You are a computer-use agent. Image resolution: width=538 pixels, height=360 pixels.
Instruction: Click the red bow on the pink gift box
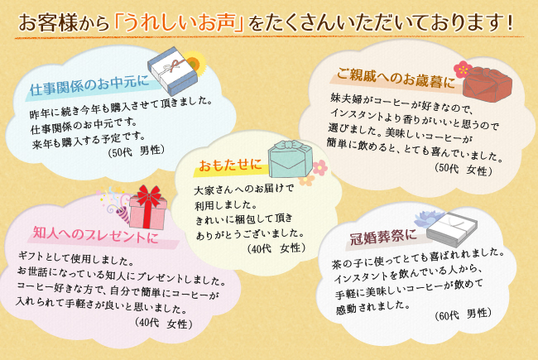[149, 197]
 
